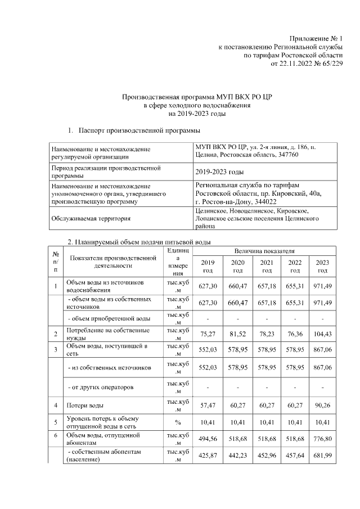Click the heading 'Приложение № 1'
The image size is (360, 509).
click(316, 38)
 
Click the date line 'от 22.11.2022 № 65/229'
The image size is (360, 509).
click(307, 64)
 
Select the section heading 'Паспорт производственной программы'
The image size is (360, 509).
click(138, 131)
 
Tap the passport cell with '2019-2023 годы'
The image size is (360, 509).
click(220, 172)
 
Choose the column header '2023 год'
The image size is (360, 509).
click(322, 267)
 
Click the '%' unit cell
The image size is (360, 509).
click(178, 422)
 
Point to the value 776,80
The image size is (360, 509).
click(322, 439)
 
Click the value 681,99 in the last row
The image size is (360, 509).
click(322, 456)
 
